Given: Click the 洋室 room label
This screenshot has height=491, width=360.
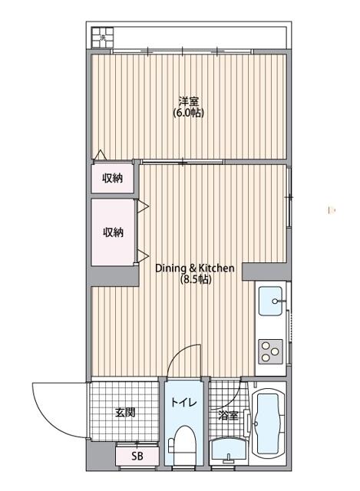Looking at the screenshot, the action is pyautogui.click(x=189, y=101).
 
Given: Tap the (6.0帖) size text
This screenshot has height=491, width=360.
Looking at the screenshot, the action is pyautogui.click(x=189, y=113).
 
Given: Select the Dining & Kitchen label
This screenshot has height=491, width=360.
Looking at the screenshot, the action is pyautogui.click(x=195, y=268).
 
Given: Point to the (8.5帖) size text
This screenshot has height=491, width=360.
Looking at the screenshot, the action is pyautogui.click(x=196, y=279).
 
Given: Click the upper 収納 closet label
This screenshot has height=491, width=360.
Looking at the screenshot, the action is pyautogui.click(x=113, y=178).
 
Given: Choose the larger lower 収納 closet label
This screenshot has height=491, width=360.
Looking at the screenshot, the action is pyautogui.click(x=113, y=232).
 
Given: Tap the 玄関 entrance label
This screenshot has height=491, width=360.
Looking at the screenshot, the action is pyautogui.click(x=125, y=413).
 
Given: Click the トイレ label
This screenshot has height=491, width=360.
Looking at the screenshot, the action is pyautogui.click(x=183, y=402).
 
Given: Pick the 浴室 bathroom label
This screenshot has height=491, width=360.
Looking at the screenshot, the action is pyautogui.click(x=229, y=416).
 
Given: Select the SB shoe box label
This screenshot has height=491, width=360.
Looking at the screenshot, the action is pyautogui.click(x=137, y=456).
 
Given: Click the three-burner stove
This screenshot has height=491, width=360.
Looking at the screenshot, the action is pyautogui.click(x=270, y=351).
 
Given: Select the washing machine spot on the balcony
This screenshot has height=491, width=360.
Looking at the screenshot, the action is pyautogui.click(x=102, y=38).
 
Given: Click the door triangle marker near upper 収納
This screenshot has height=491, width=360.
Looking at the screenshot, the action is pyautogui.click(x=101, y=155).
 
